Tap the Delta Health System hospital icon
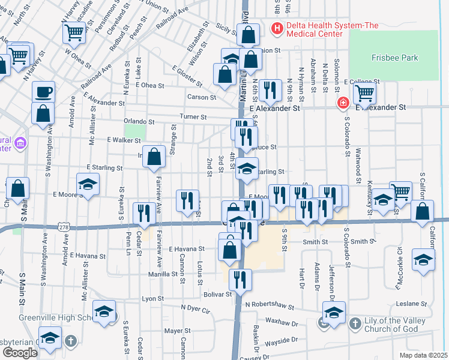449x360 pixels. click(277, 28)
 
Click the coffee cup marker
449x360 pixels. click(43, 92)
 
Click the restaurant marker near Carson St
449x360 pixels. click(271, 91)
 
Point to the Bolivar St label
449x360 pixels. click(220, 294)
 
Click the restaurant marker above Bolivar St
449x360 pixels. click(240, 279)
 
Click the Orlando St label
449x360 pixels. click(139, 121)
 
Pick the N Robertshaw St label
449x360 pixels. click(270, 305)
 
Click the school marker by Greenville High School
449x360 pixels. click(104, 313)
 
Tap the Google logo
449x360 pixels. click(20, 352)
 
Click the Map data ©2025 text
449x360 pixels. click(427, 355)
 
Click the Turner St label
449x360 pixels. click(193, 116)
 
